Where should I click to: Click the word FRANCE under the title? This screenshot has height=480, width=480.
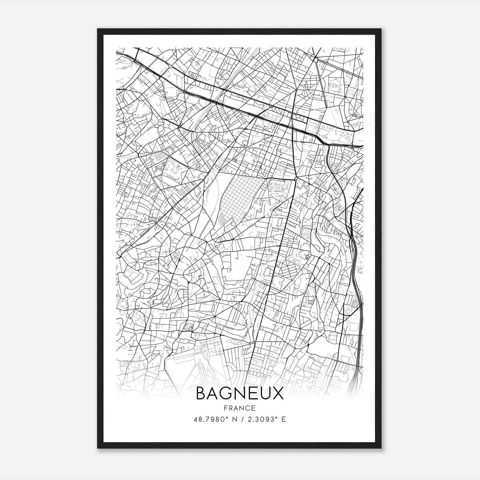239,408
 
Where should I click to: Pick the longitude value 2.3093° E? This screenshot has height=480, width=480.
266,419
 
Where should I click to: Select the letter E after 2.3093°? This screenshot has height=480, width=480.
283,419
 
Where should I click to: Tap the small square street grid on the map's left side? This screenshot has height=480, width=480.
160,156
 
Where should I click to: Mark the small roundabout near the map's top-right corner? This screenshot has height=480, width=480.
316,60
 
